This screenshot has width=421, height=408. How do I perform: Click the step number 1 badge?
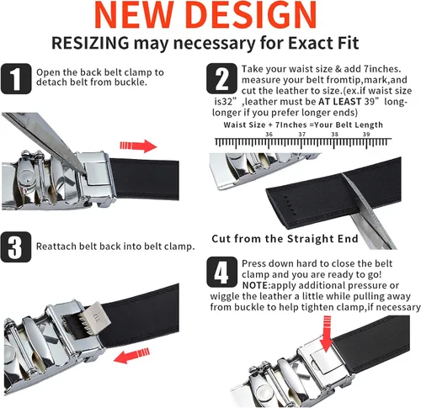pyautogui.click(x=16, y=79)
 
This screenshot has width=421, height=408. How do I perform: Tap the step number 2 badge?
pyautogui.click(x=221, y=78)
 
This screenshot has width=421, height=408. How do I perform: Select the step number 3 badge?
pyautogui.click(x=16, y=247)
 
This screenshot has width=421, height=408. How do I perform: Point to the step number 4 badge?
pyautogui.click(x=222, y=272)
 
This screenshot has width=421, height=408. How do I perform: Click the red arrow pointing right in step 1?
pyautogui.click(x=138, y=146)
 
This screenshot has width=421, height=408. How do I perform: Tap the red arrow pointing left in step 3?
pyautogui.click(x=131, y=356)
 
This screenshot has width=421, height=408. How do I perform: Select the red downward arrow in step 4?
pyautogui.click(x=327, y=334)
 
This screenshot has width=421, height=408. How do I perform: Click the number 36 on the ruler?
pyautogui.click(x=269, y=135)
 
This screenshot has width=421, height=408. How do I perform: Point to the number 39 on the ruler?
pyautogui.click(x=366, y=135)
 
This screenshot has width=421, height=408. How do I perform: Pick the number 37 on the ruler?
pyautogui.click(x=302, y=135)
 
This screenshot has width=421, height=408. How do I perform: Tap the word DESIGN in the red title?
pyautogui.click(x=252, y=14)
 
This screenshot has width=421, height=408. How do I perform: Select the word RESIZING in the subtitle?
pyautogui.click(x=90, y=44)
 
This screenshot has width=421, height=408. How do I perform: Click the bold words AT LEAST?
pyautogui.click(x=339, y=102)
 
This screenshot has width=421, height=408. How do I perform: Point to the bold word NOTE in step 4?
pyautogui.click(x=255, y=285)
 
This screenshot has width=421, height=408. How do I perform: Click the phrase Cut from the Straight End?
pyautogui.click(x=285, y=239)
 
